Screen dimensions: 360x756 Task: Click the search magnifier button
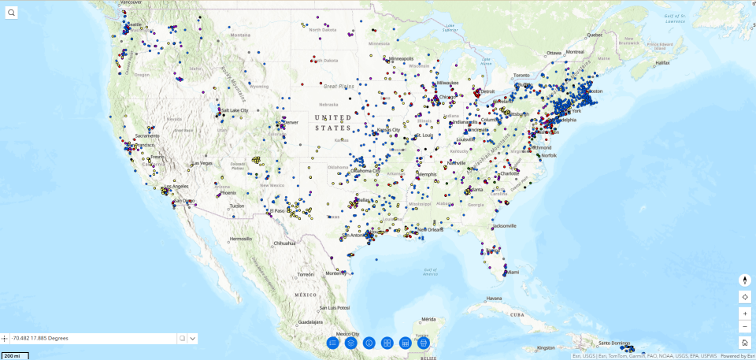click(x=12, y=13)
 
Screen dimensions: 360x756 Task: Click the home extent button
click(x=744, y=343)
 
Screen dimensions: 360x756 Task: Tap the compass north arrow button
click(x=744, y=280)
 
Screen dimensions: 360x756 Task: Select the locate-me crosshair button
click(x=744, y=297)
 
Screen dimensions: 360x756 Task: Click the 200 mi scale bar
click(x=13, y=356)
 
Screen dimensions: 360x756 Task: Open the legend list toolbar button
click(x=333, y=343)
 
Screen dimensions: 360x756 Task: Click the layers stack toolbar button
click(x=351, y=343)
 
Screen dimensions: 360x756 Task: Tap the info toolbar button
click(x=369, y=343)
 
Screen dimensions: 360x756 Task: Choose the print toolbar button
click(x=424, y=343)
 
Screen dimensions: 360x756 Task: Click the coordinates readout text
click(x=40, y=338)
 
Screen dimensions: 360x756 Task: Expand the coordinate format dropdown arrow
click(x=193, y=339)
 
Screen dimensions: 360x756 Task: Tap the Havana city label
click(x=494, y=299)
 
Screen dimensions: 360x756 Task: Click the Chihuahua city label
click(x=285, y=243)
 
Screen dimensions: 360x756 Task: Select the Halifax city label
click(x=661, y=62)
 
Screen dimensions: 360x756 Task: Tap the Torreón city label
click(x=306, y=273)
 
